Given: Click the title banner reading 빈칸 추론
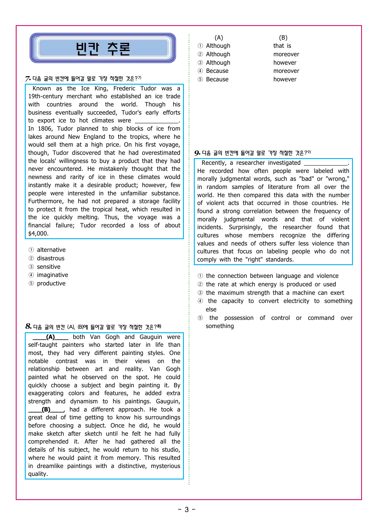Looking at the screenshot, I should click(x=103, y=48).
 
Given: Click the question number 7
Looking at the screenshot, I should click(x=28, y=79).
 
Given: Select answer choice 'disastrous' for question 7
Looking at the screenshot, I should click(x=51, y=258).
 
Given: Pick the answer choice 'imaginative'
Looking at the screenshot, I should click(x=52, y=275).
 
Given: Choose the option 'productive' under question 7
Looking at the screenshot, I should click(x=51, y=283).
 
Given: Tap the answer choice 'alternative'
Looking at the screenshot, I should click(x=51, y=250).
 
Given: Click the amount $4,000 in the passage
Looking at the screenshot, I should click(x=38, y=233).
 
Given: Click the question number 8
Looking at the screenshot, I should click(x=28, y=327).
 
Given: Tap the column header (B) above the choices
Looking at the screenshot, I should click(x=283, y=37).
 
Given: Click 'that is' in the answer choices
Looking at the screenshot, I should click(x=282, y=46).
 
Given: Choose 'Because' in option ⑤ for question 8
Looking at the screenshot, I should click(x=217, y=79).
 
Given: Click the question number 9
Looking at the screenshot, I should click(x=197, y=153).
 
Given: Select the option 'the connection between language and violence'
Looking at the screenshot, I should click(x=272, y=276).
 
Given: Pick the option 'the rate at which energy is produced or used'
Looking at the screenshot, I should click(x=271, y=284).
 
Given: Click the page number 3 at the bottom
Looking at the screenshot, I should click(x=187, y=510).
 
